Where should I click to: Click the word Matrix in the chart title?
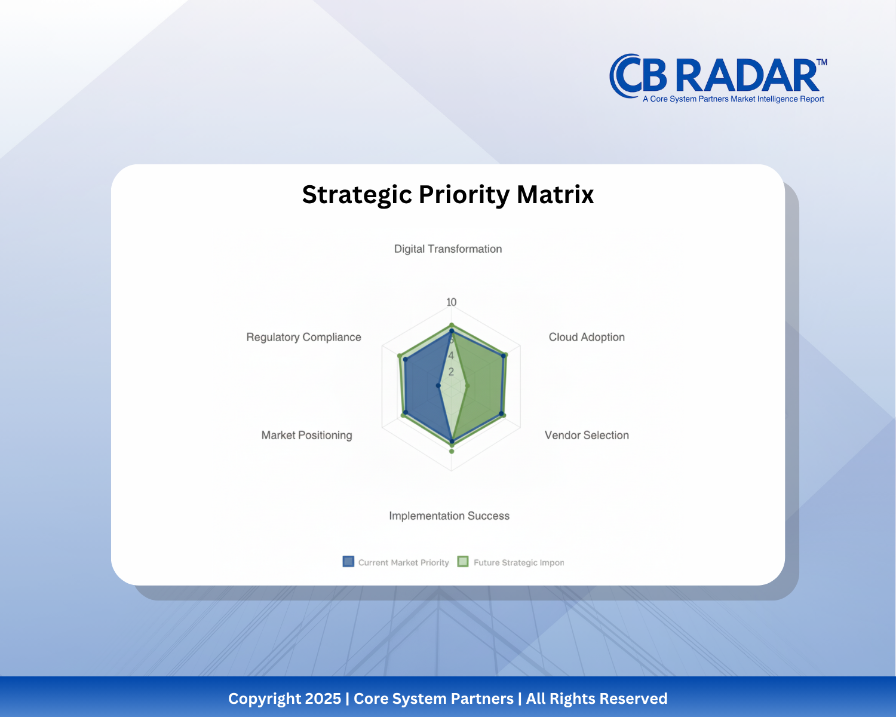pos(555,195)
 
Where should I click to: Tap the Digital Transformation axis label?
pos(448,249)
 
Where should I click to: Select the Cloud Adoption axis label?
pos(587,337)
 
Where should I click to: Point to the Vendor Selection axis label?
pos(587,435)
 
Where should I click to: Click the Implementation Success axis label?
pos(449,516)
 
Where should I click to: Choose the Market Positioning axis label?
pos(306,435)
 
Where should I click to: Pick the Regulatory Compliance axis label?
pos(303,337)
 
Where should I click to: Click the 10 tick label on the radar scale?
pos(452,302)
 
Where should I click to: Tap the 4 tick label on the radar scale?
pos(451,356)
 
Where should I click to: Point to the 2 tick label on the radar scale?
pos(451,372)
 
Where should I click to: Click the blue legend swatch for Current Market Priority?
pos(348,562)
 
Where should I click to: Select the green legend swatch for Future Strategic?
pos(463,562)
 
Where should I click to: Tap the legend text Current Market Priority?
pos(403,562)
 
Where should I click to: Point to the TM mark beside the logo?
pos(822,62)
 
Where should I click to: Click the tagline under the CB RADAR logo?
pos(733,99)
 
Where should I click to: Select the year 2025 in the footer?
pos(323,698)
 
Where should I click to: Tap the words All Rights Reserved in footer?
pos(597,698)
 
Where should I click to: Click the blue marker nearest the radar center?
pos(438,386)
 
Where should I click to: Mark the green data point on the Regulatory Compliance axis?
pos(400,356)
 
